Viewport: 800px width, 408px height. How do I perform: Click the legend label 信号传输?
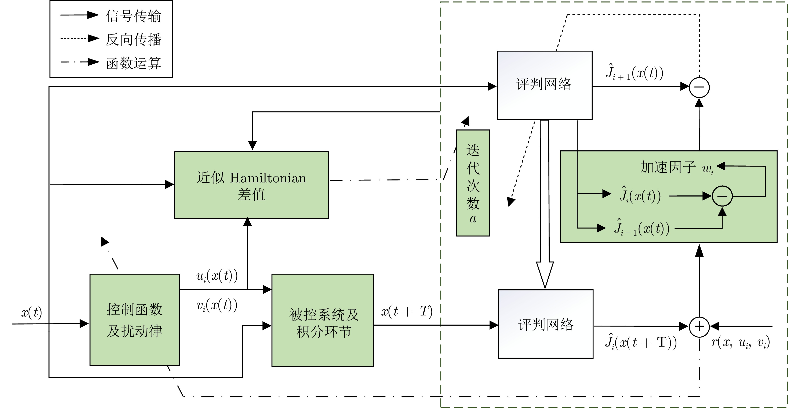(133, 16)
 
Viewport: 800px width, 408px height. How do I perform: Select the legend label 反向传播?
(133, 39)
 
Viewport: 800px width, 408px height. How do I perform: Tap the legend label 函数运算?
(133, 63)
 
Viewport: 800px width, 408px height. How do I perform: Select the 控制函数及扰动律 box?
(134, 319)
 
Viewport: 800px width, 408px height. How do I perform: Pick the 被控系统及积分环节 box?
(322, 320)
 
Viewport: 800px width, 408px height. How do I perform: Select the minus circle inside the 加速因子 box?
(722, 196)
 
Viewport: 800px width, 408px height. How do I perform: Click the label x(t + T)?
(407, 311)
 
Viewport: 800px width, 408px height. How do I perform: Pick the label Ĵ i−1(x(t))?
(641, 228)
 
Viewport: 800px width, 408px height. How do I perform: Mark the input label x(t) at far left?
(31, 312)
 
